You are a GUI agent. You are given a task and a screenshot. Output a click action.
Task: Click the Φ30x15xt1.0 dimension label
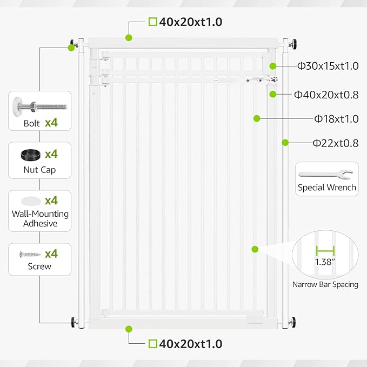coord(328,66)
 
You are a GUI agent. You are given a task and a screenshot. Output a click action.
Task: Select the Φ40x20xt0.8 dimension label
coord(326,95)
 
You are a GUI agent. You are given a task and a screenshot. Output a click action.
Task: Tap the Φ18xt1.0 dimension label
coord(336,119)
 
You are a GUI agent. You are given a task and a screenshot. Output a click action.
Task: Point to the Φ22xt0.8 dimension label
coord(336,143)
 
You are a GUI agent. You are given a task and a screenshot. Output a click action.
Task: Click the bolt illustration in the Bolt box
coord(40,106)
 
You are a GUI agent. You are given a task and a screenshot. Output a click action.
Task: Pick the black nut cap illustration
coord(30,155)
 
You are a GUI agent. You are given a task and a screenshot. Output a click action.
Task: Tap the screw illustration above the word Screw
coord(30,254)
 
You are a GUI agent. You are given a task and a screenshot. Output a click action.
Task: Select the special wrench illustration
coord(325,175)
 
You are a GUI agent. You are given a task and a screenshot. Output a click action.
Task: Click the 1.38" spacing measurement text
coord(325,262)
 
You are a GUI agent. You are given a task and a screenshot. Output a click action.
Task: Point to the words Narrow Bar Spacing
coord(325,284)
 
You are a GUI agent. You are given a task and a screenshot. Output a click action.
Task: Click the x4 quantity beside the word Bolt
coord(51,122)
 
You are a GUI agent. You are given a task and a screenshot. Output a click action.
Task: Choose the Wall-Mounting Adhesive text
coord(40,218)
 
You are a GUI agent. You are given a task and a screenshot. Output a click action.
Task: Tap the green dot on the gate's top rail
coord(129,38)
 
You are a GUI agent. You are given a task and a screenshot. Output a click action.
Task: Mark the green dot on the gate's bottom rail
coord(129,329)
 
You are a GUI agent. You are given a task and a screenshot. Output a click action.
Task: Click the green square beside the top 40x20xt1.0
coord(153,22)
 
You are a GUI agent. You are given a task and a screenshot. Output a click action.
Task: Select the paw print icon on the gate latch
coord(275,79)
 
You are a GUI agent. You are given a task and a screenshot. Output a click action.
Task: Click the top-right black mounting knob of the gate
coord(293,44)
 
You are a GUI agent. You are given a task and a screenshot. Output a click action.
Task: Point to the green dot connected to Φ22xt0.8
coord(285,143)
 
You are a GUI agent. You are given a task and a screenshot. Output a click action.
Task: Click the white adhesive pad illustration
coord(31,201)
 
